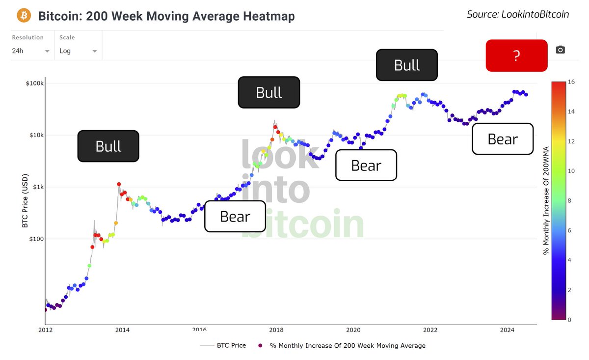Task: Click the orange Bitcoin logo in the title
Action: tap(24, 16)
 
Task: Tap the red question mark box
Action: tap(516, 55)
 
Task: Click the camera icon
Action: tap(560, 50)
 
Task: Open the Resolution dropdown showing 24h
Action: tap(31, 51)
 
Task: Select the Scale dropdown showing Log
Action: tap(78, 51)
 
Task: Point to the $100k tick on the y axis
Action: tap(34, 83)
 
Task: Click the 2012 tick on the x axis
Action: tap(45, 331)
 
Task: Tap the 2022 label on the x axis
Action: tap(430, 331)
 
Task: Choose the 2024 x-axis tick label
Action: tap(507, 331)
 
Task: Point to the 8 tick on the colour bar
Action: tap(569, 201)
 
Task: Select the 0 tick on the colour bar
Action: tap(569, 320)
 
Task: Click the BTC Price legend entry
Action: tap(231, 345)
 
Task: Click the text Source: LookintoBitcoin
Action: tap(518, 14)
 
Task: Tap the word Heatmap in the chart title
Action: tap(270, 16)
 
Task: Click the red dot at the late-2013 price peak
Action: tap(119, 184)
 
